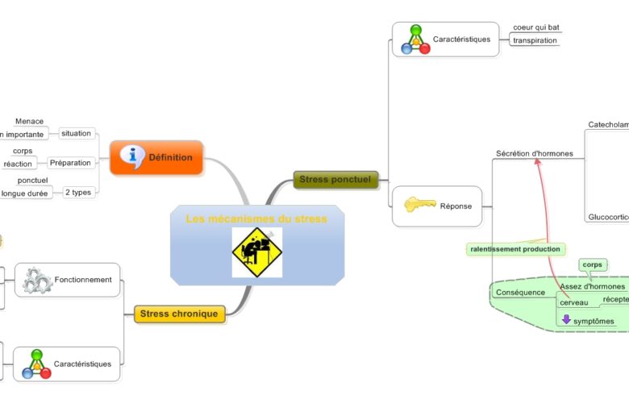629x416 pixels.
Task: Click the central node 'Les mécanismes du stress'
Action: [x=256, y=218]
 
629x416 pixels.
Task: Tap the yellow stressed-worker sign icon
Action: [x=256, y=252]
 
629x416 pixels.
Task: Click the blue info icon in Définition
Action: [x=131, y=156]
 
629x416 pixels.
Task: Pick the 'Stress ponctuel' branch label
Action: [x=335, y=179]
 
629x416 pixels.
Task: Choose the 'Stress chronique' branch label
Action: [x=178, y=314]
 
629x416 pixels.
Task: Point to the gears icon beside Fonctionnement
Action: [x=37, y=280]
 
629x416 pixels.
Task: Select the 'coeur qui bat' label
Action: [x=535, y=27]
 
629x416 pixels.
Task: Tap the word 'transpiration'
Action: [x=535, y=40]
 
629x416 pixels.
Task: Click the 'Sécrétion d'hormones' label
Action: [x=534, y=153]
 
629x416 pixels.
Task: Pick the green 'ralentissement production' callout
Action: [x=515, y=249]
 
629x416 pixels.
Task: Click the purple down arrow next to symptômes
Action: [x=566, y=320]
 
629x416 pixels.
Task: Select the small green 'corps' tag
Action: [x=592, y=264]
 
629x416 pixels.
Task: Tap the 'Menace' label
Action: [x=29, y=122]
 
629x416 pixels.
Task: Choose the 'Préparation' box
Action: [x=70, y=163]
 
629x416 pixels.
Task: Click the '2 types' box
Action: [x=78, y=192]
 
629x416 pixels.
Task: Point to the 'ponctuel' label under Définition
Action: [x=33, y=181]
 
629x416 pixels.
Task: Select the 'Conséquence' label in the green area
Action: [x=520, y=292]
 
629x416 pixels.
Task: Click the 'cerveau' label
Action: [x=574, y=302]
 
